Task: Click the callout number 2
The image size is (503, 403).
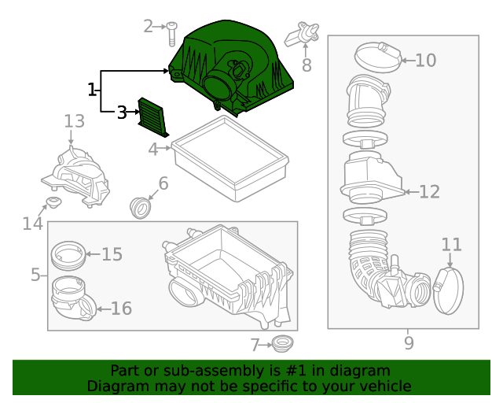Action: tap(148, 26)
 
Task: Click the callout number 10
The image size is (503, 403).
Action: tap(424, 60)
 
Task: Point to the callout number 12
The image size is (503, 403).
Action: tap(429, 191)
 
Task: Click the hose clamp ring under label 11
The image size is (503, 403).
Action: tap(447, 288)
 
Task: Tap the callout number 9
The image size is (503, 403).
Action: tap(408, 342)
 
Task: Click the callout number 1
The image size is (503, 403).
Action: tap(92, 89)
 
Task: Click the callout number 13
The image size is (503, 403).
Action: tap(74, 121)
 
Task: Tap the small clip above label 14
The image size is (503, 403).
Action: tap(54, 205)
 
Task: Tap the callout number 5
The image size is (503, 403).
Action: tap(35, 275)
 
